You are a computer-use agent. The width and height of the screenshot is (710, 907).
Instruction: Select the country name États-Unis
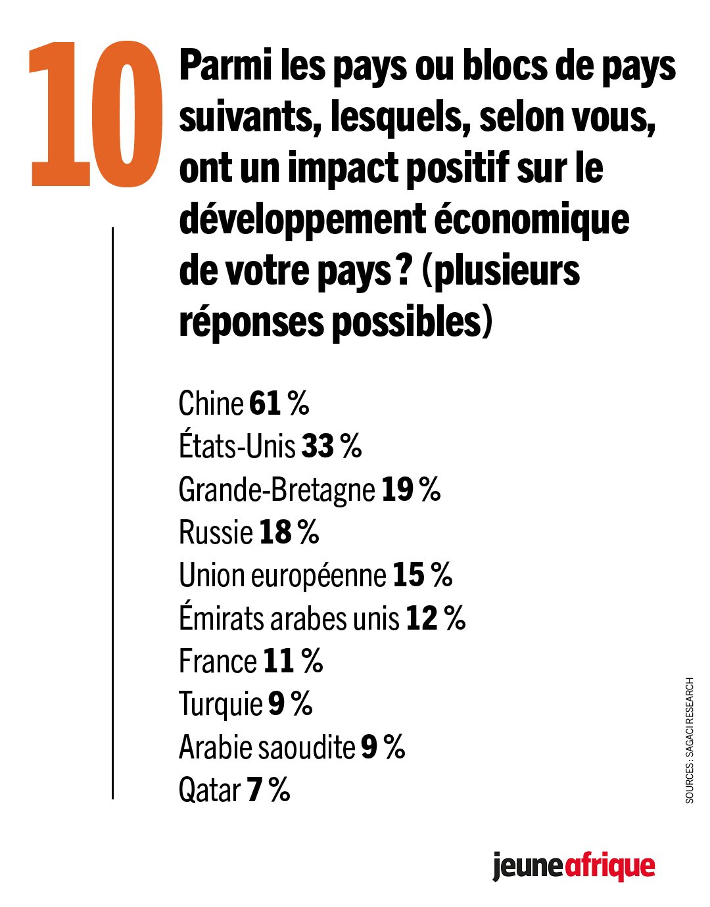click(x=237, y=446)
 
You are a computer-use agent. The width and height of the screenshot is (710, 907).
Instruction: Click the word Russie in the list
click(x=216, y=532)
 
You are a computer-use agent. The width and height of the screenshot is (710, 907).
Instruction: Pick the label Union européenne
click(x=282, y=575)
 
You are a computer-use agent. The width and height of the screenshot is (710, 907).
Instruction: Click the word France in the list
click(x=218, y=661)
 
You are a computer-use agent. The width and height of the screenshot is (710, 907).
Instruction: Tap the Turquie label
click(x=220, y=705)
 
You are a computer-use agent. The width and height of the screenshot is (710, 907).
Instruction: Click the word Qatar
click(x=209, y=790)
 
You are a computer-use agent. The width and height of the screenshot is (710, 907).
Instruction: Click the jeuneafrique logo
click(x=573, y=867)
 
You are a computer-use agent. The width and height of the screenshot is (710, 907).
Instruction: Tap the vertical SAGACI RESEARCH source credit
click(x=689, y=740)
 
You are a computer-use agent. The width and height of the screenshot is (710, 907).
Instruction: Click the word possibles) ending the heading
click(x=412, y=321)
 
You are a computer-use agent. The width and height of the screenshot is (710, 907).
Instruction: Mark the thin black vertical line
click(x=112, y=513)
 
